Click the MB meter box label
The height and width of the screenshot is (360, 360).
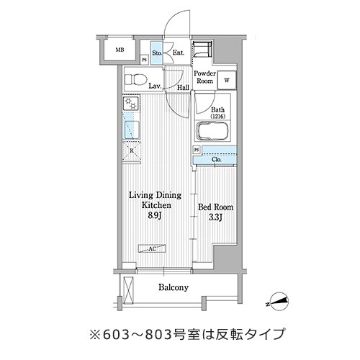click(120, 50)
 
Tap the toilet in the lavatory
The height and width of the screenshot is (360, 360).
click(135, 79)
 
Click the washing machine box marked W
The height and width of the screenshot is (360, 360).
click(227, 81)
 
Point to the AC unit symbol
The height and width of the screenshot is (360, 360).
click(152, 248)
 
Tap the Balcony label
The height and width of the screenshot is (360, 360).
click(174, 287)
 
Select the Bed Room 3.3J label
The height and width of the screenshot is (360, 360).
click(215, 212)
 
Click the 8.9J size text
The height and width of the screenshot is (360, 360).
click(154, 215)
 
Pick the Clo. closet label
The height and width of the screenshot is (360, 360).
click(217, 159)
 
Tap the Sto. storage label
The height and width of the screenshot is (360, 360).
click(157, 53)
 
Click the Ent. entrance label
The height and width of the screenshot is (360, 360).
click(179, 53)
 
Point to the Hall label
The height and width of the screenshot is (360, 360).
click(183, 88)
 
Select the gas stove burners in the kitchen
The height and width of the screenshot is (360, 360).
click(130, 103)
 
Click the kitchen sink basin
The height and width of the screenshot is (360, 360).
click(132, 130)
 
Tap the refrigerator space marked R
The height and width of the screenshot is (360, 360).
click(132, 151)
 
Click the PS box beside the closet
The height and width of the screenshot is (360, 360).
click(197, 150)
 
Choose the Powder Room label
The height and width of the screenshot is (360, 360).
click(204, 77)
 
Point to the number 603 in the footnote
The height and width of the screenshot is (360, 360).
click(117, 334)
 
